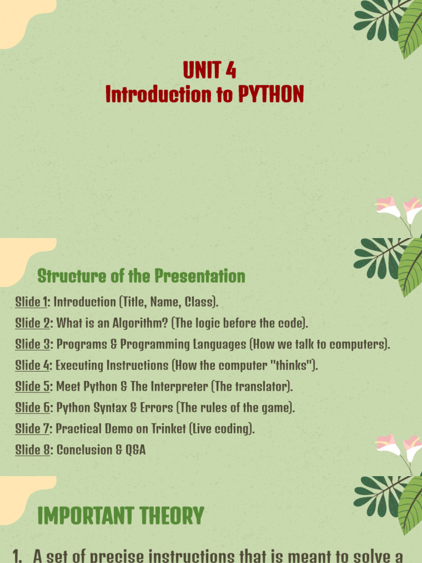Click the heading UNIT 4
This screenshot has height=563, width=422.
tap(209, 70)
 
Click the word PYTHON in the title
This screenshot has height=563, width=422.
tap(271, 94)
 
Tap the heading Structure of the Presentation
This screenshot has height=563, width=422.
tap(141, 276)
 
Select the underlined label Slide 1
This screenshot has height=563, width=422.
tap(31, 302)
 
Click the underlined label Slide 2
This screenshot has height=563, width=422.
tap(32, 323)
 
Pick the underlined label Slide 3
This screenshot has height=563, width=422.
tap(32, 344)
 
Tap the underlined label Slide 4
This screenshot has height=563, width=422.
tap(32, 366)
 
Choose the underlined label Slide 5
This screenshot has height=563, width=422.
tap(32, 387)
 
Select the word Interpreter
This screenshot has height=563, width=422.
tap(179, 387)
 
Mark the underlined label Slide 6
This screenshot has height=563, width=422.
tap(32, 408)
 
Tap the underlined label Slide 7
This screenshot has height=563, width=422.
tap(32, 429)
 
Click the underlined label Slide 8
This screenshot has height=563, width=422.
tap(32, 450)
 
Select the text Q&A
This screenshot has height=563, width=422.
tap(135, 450)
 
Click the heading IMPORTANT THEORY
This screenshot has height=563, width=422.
tap(120, 516)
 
